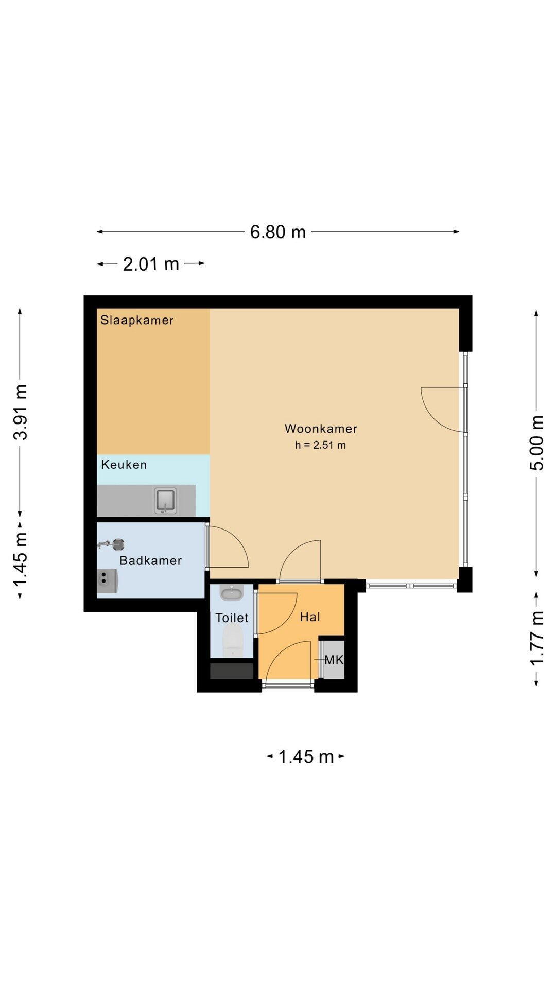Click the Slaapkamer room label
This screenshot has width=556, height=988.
point(137,320)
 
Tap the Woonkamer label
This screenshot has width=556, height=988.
point(321,429)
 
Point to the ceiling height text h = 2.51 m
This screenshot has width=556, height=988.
point(320,445)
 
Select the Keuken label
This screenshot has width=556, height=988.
point(124,465)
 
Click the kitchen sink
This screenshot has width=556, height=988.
point(165,501)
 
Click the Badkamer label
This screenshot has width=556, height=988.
point(151,560)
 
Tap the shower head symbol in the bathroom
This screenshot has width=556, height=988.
point(111,544)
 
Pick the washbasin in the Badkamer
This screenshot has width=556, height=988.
point(107,581)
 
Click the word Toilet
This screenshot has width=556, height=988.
point(232,617)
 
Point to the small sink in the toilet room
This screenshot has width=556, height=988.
point(232,593)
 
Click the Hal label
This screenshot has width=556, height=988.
point(310,617)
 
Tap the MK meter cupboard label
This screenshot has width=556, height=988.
point(334,660)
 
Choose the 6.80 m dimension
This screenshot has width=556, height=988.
point(278,232)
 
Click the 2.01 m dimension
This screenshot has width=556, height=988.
point(151,264)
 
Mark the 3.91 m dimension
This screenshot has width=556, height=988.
point(21,412)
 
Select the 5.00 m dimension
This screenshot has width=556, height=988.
point(537,443)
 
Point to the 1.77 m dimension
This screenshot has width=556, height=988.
point(537,639)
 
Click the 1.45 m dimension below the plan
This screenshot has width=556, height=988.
point(306,756)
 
